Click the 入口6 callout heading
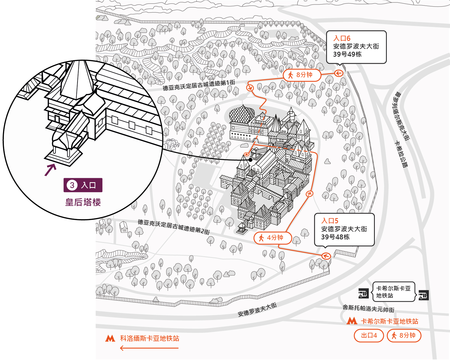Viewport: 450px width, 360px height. click(342, 38)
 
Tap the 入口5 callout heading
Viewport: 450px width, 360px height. click(330, 221)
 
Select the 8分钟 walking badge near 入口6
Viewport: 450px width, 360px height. click(302, 75)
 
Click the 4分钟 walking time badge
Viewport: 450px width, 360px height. click(273, 238)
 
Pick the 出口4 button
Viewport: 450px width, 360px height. click(369, 335)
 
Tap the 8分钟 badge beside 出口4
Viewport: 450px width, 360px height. click(404, 335)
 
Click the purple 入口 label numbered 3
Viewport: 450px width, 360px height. click(83, 185)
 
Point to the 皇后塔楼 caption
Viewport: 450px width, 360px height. click(83, 202)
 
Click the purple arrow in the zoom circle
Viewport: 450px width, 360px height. click(50, 170)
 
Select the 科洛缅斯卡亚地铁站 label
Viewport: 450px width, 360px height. click(150, 338)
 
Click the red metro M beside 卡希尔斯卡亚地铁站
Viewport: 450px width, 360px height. click(352, 321)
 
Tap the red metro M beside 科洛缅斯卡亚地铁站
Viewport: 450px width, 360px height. click(110, 338)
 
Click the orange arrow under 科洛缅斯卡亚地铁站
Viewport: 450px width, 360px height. click(149, 348)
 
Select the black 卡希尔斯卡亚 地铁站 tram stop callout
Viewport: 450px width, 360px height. click(393, 292)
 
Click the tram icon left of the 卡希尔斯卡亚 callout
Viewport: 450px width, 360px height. click(364, 293)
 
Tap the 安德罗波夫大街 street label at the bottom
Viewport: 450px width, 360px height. click(257, 310)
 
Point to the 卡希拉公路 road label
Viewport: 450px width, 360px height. click(401, 154)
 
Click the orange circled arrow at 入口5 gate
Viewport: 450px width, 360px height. click(326, 256)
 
